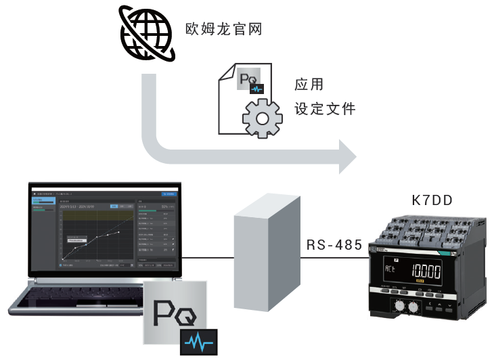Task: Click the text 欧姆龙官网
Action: pyautogui.click(x=223, y=30)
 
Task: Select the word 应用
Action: pyautogui.click(x=309, y=85)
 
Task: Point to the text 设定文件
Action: pyautogui.click(x=325, y=109)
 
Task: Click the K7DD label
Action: pyautogui.click(x=432, y=200)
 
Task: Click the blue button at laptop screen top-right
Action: pyautogui.click(x=170, y=194)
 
